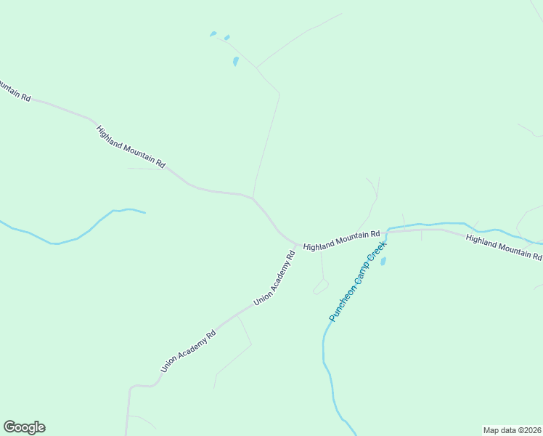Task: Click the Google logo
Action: (x=24, y=427)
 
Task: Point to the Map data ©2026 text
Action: (x=512, y=430)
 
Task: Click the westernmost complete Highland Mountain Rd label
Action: (x=131, y=147)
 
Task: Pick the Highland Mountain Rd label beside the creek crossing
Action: (x=341, y=241)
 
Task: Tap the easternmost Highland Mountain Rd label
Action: (x=504, y=247)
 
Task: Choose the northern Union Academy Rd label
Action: (x=275, y=278)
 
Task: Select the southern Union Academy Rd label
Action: (x=189, y=352)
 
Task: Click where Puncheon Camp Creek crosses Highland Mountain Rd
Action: (x=388, y=231)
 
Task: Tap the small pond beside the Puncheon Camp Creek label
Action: (x=383, y=260)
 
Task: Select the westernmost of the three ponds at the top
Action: (x=213, y=33)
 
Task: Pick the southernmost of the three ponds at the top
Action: (x=235, y=62)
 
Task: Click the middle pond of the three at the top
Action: (x=227, y=37)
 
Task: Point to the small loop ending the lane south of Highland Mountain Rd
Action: (x=321, y=287)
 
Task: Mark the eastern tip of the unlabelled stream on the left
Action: (x=145, y=213)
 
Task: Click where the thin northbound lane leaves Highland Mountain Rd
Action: (x=253, y=197)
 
